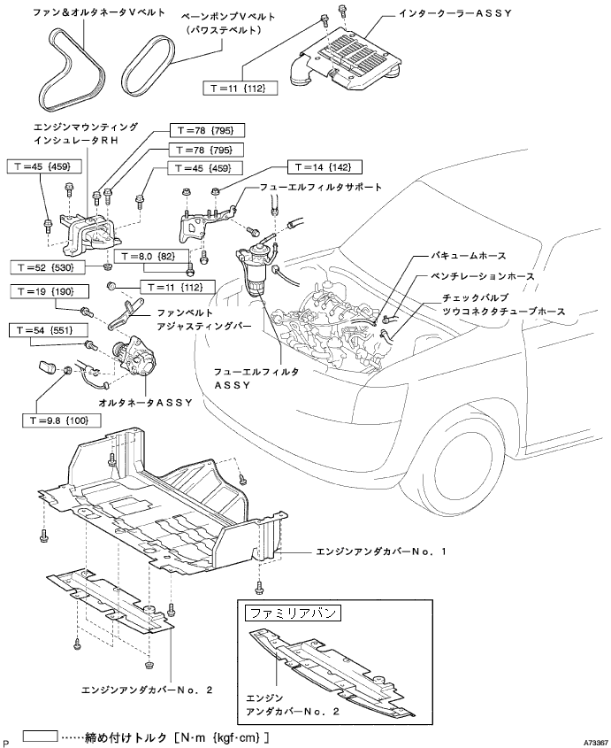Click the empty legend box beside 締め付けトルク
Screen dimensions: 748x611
(x=38, y=735)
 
